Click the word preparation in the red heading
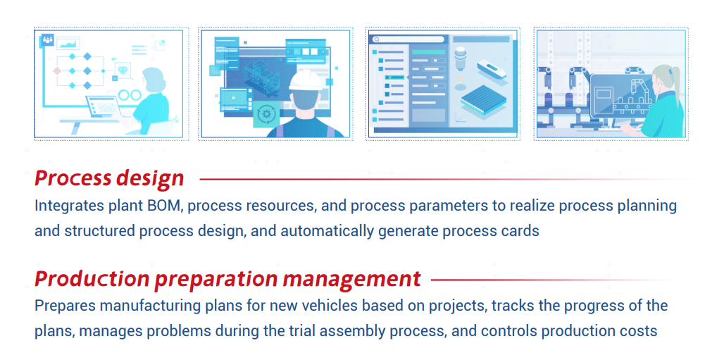coord(216,280)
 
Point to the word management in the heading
coord(352,280)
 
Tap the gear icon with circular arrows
coord(266,114)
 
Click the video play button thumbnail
coord(234,98)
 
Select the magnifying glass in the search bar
coord(377,39)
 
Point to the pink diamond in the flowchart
coord(57,71)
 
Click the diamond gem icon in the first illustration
coord(123,70)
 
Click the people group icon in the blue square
coord(47,40)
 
